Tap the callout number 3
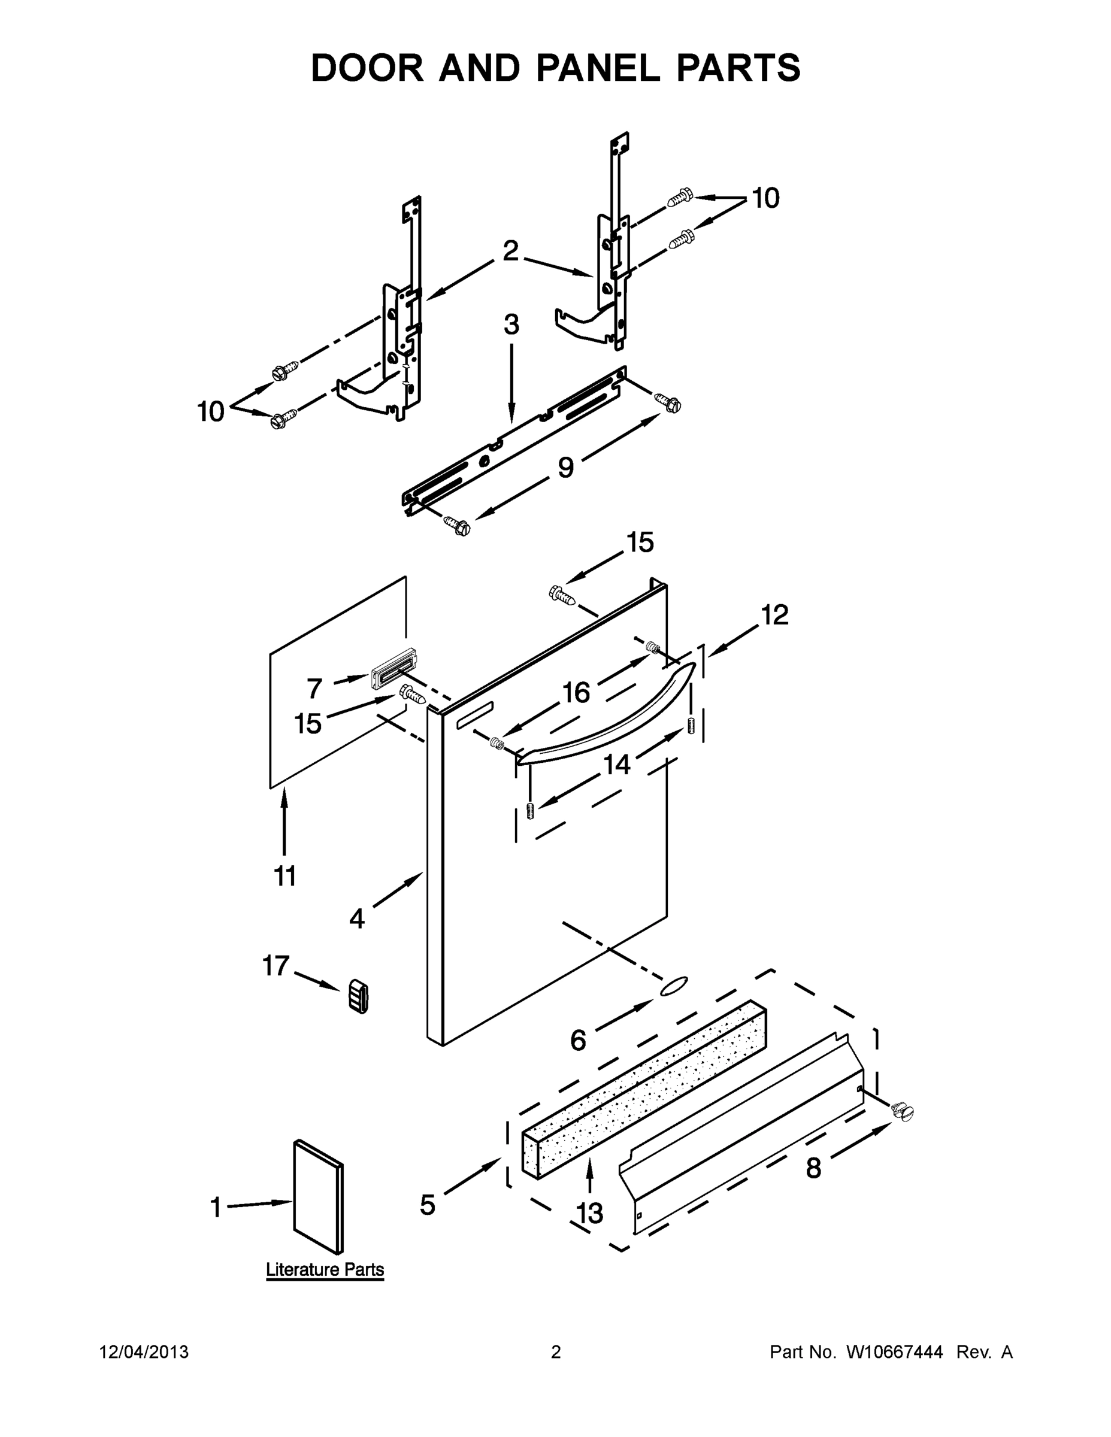coord(511,325)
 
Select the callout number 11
coord(285,877)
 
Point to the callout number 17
coord(275,966)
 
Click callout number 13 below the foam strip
coord(591,1213)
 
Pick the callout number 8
coord(813,1169)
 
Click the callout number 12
coord(774,615)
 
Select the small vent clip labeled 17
coord(358,996)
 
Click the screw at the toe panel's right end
coord(903,1111)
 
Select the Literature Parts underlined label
coord(325,1269)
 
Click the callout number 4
coord(357,918)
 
